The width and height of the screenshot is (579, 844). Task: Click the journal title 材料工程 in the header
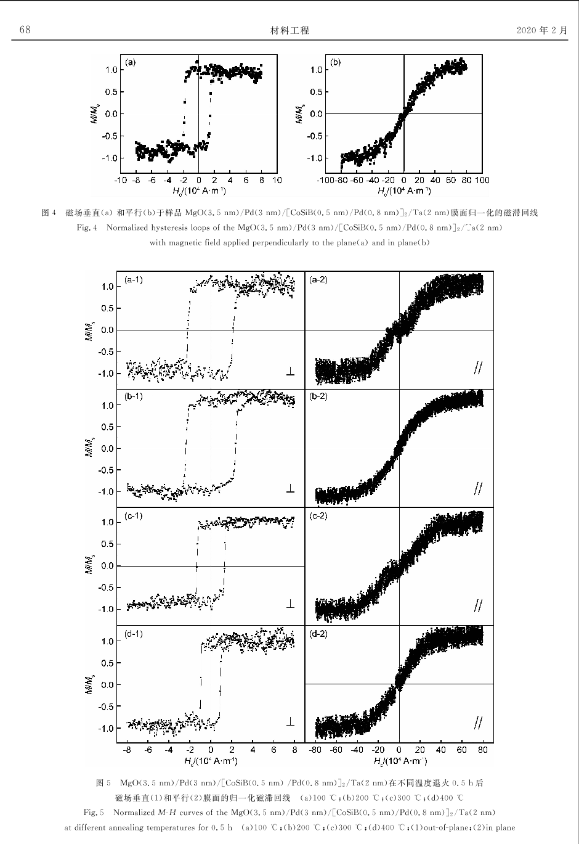[x=289, y=30]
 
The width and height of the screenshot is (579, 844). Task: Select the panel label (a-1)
[x=134, y=280]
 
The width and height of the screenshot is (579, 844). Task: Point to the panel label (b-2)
[x=318, y=396]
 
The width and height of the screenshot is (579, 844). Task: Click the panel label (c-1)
[x=134, y=515]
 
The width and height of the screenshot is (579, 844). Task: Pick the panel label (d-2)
[x=318, y=634]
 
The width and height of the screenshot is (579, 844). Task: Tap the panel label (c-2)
[x=318, y=515]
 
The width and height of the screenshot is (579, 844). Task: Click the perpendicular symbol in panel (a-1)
[x=290, y=371]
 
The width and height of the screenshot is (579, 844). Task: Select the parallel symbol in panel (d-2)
[x=478, y=723]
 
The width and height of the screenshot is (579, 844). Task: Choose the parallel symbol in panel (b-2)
[x=478, y=488]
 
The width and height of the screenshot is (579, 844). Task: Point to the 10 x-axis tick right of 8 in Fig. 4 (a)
[x=277, y=180]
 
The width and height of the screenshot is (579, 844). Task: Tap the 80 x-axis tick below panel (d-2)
[x=483, y=750]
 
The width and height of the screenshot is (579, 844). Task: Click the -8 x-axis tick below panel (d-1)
[x=127, y=750]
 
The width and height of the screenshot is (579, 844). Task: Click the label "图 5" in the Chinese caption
[x=103, y=784]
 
